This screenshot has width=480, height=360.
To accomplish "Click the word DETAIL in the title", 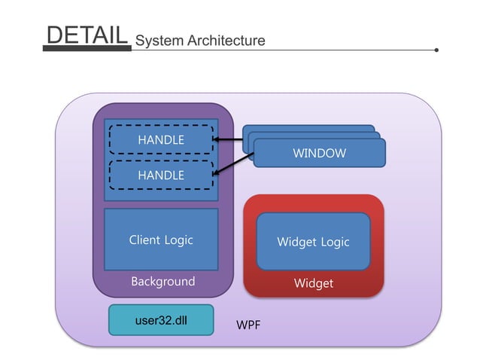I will click(x=86, y=35).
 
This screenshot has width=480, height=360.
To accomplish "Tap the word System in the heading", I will click(x=158, y=40).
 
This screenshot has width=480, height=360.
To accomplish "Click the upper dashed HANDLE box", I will click(x=161, y=140).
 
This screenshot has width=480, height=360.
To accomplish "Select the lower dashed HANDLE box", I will click(x=161, y=175).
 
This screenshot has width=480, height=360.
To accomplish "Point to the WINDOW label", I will click(x=319, y=154).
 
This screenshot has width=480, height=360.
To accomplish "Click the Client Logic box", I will click(x=161, y=240).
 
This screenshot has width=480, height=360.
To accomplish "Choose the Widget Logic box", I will click(x=313, y=242).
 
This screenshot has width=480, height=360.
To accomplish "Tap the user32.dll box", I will click(x=161, y=320).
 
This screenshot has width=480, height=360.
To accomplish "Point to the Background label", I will click(x=163, y=282).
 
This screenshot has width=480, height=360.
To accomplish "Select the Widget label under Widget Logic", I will click(x=313, y=283).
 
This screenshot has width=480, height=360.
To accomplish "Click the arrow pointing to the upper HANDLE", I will click(x=229, y=140).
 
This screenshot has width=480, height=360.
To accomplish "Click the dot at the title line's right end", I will click(x=436, y=50).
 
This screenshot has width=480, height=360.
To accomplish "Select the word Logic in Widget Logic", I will click(x=335, y=242).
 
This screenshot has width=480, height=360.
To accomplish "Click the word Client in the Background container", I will click(x=144, y=240).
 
